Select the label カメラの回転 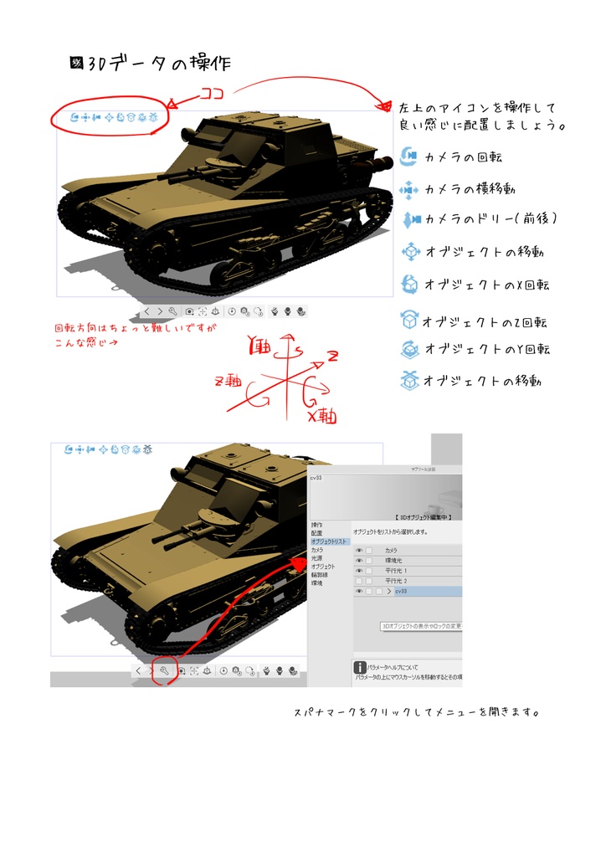click(463, 157)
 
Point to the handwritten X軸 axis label click(323, 413)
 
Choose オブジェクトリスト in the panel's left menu click(329, 541)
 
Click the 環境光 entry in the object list click(394, 561)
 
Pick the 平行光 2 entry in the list click(398, 581)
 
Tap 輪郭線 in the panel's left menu click(320, 575)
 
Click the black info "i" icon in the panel click(360, 667)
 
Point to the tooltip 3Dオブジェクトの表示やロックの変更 click(420, 625)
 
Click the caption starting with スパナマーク click(415, 713)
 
